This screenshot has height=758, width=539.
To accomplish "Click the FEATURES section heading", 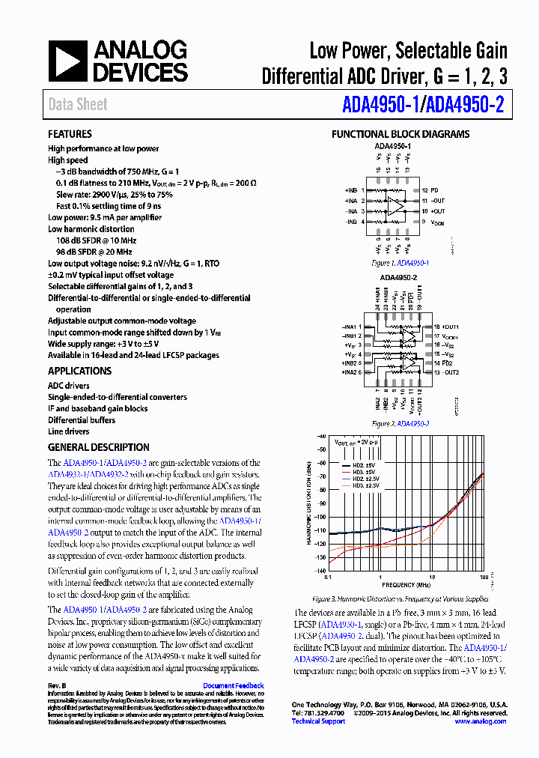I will click(70, 134).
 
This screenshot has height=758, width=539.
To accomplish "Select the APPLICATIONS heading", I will click(79, 371).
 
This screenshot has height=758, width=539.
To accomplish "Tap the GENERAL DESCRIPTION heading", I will click(98, 447).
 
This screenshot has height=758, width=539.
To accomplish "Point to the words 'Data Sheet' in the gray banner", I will click(78, 105).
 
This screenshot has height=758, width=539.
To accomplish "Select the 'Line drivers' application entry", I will click(68, 431).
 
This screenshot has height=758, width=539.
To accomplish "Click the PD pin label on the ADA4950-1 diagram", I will click(435, 191).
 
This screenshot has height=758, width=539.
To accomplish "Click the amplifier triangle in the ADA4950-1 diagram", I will click(394, 207).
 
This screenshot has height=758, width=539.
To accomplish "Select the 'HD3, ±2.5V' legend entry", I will click(362, 485).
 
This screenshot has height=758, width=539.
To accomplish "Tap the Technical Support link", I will click(318, 721).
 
